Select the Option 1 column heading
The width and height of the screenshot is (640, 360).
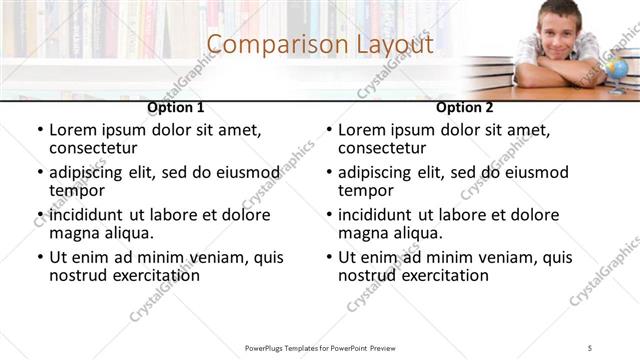176,107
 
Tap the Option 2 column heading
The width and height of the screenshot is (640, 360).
465,107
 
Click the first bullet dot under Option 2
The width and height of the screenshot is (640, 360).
328,130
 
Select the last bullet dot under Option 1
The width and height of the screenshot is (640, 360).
39,257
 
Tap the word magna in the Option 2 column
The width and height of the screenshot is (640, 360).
363,234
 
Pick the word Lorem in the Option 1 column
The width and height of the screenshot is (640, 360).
74,130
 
